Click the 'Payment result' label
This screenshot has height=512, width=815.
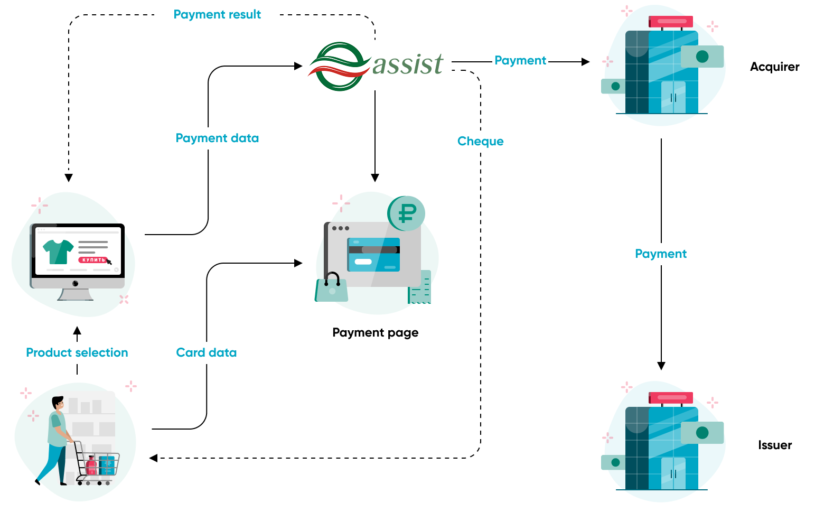pyautogui.click(x=217, y=15)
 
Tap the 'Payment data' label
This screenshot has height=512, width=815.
pyautogui.click(x=217, y=138)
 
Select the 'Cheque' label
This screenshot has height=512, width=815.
pyautogui.click(x=480, y=142)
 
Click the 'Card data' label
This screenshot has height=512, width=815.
pyautogui.click(x=206, y=353)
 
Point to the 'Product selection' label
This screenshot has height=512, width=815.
pyautogui.click(x=77, y=353)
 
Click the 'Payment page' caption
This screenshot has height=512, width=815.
pyautogui.click(x=375, y=333)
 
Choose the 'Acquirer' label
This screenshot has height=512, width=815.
pyautogui.click(x=774, y=67)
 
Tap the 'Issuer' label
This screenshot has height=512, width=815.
pyautogui.click(x=775, y=445)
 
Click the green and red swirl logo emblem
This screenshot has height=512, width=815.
pyautogui.click(x=339, y=67)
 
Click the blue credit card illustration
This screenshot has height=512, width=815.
pyautogui.click(x=373, y=255)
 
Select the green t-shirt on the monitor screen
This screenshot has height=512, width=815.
pyautogui.click(x=58, y=252)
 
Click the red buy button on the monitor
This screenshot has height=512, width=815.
pyautogui.click(x=93, y=260)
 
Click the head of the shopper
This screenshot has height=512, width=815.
pyautogui.click(x=58, y=403)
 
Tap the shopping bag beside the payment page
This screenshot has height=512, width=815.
pyautogui.click(x=331, y=288)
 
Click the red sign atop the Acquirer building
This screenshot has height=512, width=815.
pyautogui.click(x=671, y=22)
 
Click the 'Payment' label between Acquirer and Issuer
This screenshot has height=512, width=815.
pyautogui.click(x=661, y=254)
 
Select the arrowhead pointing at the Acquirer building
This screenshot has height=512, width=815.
pyautogui.click(x=585, y=62)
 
